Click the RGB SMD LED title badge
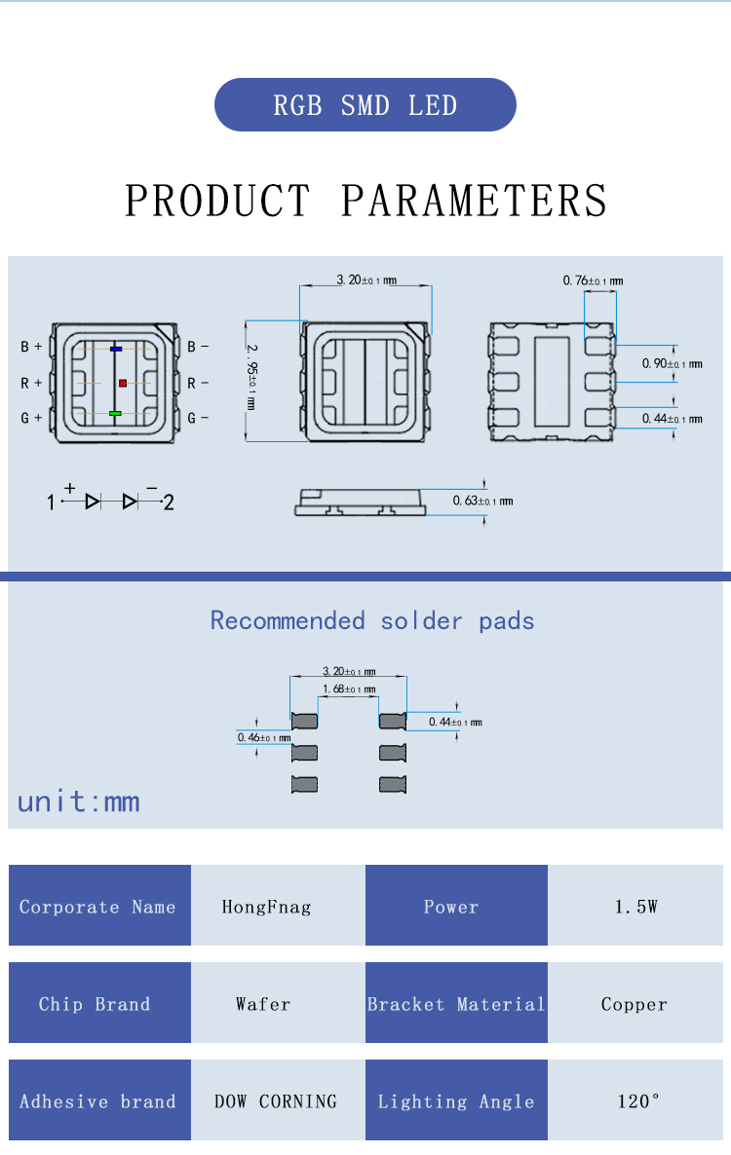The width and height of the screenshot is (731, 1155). tap(365, 105)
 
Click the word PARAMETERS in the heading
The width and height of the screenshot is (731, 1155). tap(475, 201)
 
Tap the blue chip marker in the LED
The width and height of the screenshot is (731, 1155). tap(116, 348)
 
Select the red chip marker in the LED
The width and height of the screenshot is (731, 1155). tap(123, 383)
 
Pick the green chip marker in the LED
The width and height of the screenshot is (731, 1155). tap(115, 414)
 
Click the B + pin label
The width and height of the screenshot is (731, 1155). tap(31, 347)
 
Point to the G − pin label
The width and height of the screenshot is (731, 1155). tap(198, 418)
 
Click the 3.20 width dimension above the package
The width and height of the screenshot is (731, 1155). tap(365, 280)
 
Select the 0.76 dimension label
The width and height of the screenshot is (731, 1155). tap(592, 281)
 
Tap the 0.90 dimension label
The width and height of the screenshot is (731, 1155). tap(671, 364)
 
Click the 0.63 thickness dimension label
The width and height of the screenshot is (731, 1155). tap(481, 502)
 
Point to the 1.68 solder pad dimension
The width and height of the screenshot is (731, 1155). tap(349, 689)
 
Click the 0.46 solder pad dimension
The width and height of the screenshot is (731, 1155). tap(263, 738)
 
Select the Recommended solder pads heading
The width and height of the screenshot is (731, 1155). tap(372, 621)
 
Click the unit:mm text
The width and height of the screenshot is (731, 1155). tap(78, 801)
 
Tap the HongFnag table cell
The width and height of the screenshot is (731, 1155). tap(266, 907)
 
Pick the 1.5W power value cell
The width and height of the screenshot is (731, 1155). tap(635, 907)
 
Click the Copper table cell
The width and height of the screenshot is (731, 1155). tap(635, 1004)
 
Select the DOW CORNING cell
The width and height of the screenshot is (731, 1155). tap(276, 1101)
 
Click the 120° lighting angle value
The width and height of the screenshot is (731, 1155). tap(638, 1101)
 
